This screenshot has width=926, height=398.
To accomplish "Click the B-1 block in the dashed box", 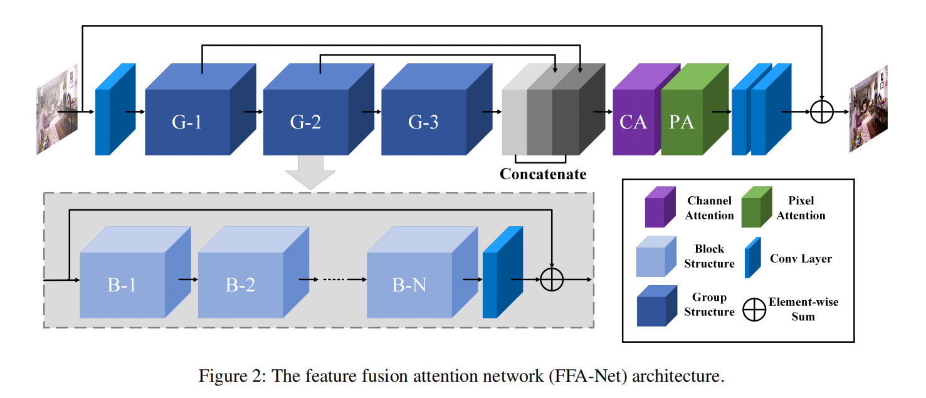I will pos(123,285).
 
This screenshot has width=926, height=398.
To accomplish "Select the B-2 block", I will pos(241,285).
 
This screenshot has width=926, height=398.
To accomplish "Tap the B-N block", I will pos(409,285).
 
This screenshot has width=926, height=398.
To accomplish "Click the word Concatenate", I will pos(543,174).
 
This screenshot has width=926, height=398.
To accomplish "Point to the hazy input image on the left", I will pos(57,110).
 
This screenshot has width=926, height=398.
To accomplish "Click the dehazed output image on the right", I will pos(869,110).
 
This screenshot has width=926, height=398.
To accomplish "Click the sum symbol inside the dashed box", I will pos(552,279).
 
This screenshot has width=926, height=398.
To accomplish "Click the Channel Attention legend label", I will pos(710,208).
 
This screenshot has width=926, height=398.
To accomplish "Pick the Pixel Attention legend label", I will pos(801,208).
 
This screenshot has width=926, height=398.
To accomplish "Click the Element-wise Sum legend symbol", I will pos(755,310).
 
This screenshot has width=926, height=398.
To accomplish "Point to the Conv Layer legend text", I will pos(801,258).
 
